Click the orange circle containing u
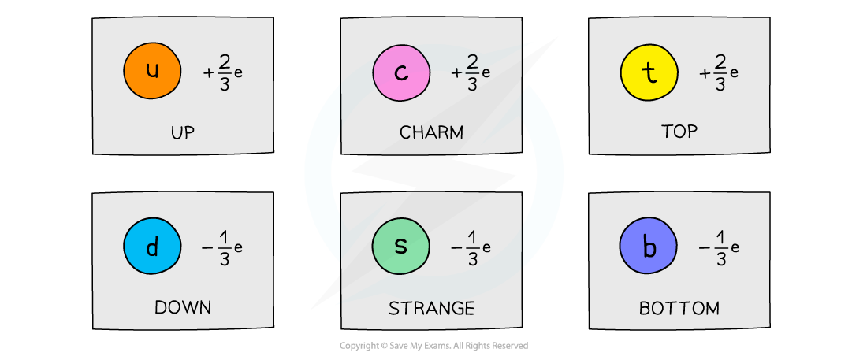(152, 71)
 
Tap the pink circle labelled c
(400, 72)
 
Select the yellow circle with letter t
(649, 72)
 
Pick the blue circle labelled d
(152, 247)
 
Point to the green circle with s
(400, 247)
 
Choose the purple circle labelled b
(649, 247)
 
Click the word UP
(182, 132)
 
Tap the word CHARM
(431, 132)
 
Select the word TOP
(679, 132)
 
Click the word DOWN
(183, 307)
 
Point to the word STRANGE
(431, 307)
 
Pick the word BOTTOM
(679, 307)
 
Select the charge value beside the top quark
(719, 72)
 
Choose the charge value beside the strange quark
(471, 247)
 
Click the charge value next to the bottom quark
(719, 247)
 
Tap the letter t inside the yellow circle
(649, 72)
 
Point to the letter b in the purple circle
(649, 247)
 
